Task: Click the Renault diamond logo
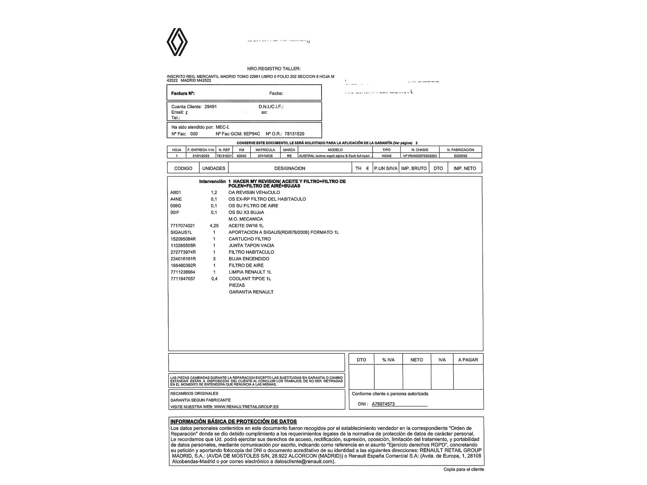pos(177,42)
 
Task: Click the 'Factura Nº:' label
pos(183,93)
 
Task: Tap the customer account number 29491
pos(211,107)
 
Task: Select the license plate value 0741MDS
pos(265,156)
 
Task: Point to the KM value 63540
pos(241,156)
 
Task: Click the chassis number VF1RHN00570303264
pos(420,156)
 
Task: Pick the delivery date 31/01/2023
pos(201,156)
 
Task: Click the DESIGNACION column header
pos(290,168)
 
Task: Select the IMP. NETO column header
pos(465,168)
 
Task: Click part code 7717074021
pos(182,226)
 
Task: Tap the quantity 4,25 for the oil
pos(214,226)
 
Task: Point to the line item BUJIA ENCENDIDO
pos(249,259)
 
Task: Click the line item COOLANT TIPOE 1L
pos(250,279)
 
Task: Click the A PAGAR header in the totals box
pos(468,360)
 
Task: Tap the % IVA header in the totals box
pos(388,360)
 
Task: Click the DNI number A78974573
pos(383,404)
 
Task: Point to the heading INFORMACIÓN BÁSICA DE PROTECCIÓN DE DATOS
pos(234,421)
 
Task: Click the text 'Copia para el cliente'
pos(464,469)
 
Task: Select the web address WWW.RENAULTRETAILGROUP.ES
pos(246,407)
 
